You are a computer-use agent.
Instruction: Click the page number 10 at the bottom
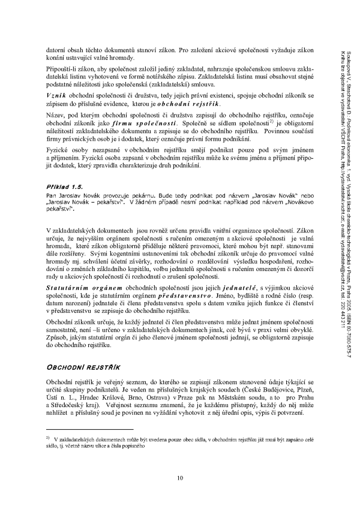click(179, 477)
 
